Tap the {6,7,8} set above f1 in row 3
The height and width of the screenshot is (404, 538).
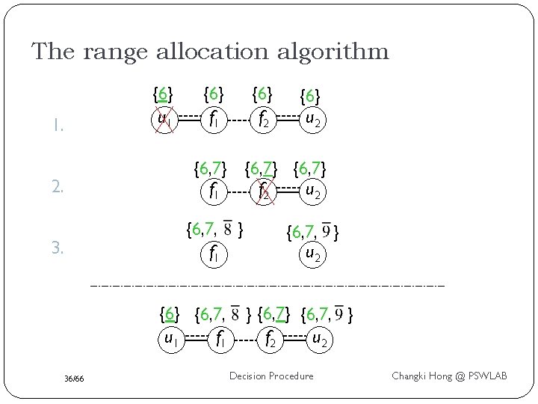pyautogui.click(x=216, y=228)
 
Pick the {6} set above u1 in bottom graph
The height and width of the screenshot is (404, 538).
pyautogui.click(x=170, y=313)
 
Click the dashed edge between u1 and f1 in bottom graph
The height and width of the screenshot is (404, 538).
pyautogui.click(x=193, y=339)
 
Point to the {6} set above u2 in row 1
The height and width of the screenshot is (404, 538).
pyautogui.click(x=310, y=97)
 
